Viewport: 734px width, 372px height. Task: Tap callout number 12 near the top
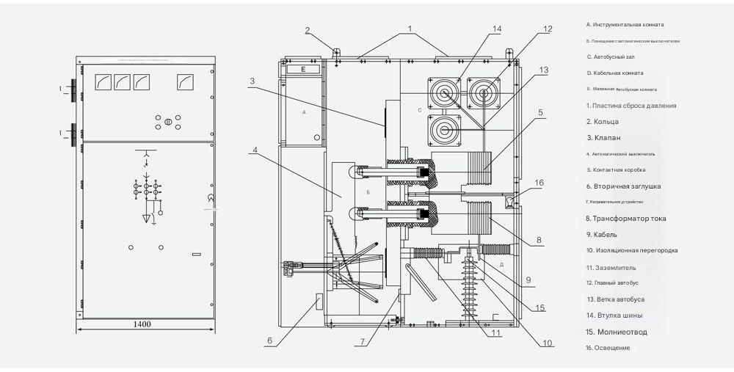[x=547, y=29]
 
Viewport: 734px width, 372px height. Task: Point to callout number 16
[x=539, y=182]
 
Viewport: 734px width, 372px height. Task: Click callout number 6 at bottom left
[x=269, y=340]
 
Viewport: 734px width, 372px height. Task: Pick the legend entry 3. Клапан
[x=603, y=138]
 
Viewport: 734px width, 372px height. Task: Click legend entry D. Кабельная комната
[x=615, y=73]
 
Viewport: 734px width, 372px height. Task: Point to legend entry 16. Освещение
[x=608, y=348]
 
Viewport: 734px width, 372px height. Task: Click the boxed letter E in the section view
[x=302, y=69]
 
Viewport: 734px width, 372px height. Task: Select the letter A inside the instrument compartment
[x=303, y=114]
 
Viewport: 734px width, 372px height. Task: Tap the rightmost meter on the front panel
[x=186, y=82]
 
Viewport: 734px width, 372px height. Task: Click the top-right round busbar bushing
[x=483, y=93]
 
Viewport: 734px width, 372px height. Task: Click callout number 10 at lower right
[x=548, y=343]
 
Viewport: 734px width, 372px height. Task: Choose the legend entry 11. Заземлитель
[x=611, y=268]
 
